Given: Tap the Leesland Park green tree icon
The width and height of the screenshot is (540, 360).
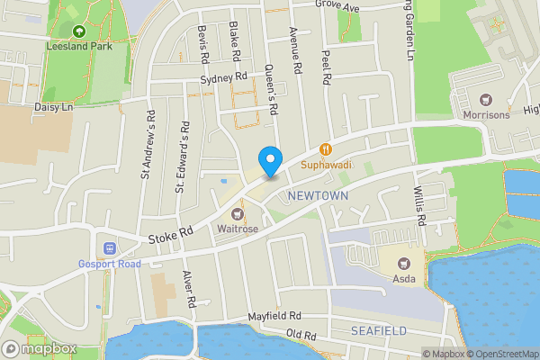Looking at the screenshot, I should coord(78,31).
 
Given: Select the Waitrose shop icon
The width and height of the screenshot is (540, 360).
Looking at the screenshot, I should coord(238,213).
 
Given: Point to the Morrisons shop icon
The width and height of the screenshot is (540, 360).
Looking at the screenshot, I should coord(487,99).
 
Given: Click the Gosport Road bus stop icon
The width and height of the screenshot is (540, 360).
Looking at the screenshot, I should coord(110,247).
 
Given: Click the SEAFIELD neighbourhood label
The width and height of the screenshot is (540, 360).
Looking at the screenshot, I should coord(379,331).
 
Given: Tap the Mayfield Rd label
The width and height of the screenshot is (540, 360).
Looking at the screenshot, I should coord(275,318).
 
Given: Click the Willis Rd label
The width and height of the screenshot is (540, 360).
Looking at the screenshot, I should coord(419,209).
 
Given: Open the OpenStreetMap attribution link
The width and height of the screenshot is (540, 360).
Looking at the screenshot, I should coord(500,354).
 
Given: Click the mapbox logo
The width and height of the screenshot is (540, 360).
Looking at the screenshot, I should coord(40,348).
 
